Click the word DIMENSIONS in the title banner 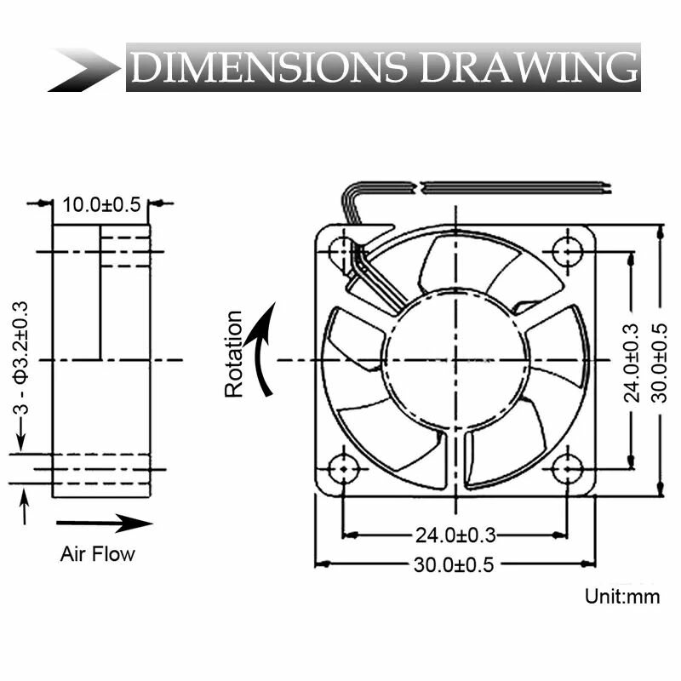point(270,67)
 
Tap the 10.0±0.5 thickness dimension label point(101,205)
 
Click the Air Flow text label point(97,554)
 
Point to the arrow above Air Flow point(104,523)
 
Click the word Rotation point(234,354)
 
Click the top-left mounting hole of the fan point(342,251)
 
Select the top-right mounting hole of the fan point(567,251)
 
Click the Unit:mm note point(622,596)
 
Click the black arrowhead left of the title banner point(85,68)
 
